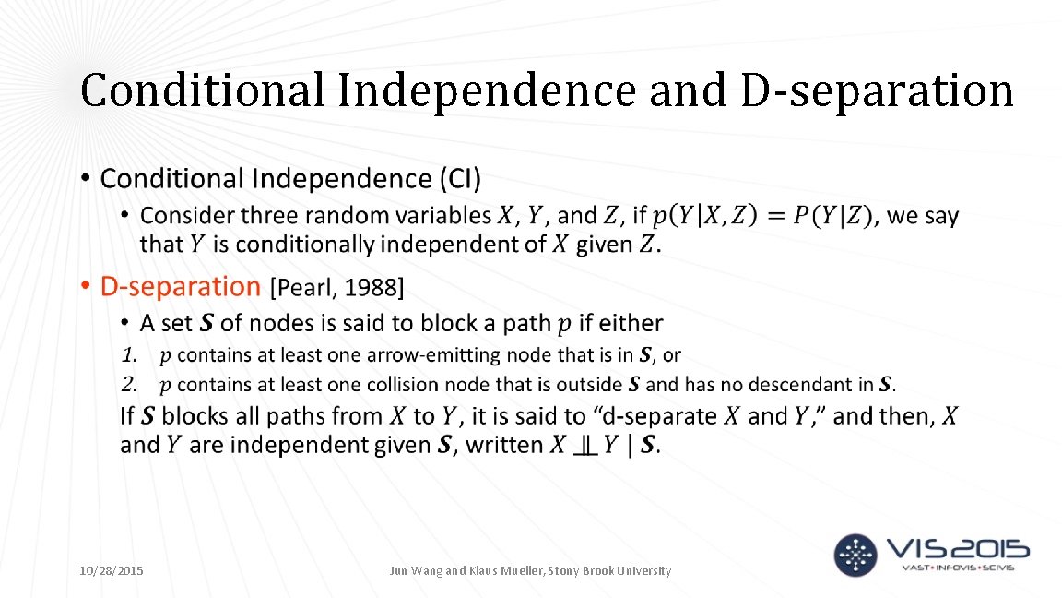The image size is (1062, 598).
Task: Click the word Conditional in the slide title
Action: [202, 90]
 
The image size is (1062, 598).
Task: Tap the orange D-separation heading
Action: [181, 287]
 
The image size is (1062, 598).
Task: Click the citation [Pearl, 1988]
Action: [336, 289]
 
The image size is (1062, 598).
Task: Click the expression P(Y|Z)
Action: [831, 216]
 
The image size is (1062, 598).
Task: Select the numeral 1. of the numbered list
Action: [130, 355]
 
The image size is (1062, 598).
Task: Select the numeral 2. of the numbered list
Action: [130, 384]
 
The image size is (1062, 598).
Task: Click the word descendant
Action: [808, 384]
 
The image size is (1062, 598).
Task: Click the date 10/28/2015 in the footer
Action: [112, 571]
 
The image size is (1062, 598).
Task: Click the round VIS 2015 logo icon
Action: [855, 555]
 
